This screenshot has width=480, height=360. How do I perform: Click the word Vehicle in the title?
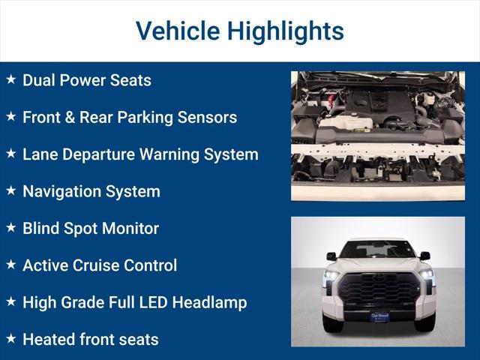click(177, 31)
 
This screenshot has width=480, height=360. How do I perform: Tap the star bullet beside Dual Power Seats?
click(11, 79)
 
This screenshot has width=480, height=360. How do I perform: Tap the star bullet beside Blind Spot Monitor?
click(11, 228)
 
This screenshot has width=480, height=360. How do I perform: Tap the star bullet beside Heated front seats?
click(11, 339)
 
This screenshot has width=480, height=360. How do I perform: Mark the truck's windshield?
click(378, 250)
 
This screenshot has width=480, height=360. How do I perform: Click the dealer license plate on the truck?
click(379, 317)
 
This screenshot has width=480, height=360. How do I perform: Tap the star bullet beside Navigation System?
click(11, 191)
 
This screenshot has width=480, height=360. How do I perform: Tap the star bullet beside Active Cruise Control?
click(11, 265)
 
